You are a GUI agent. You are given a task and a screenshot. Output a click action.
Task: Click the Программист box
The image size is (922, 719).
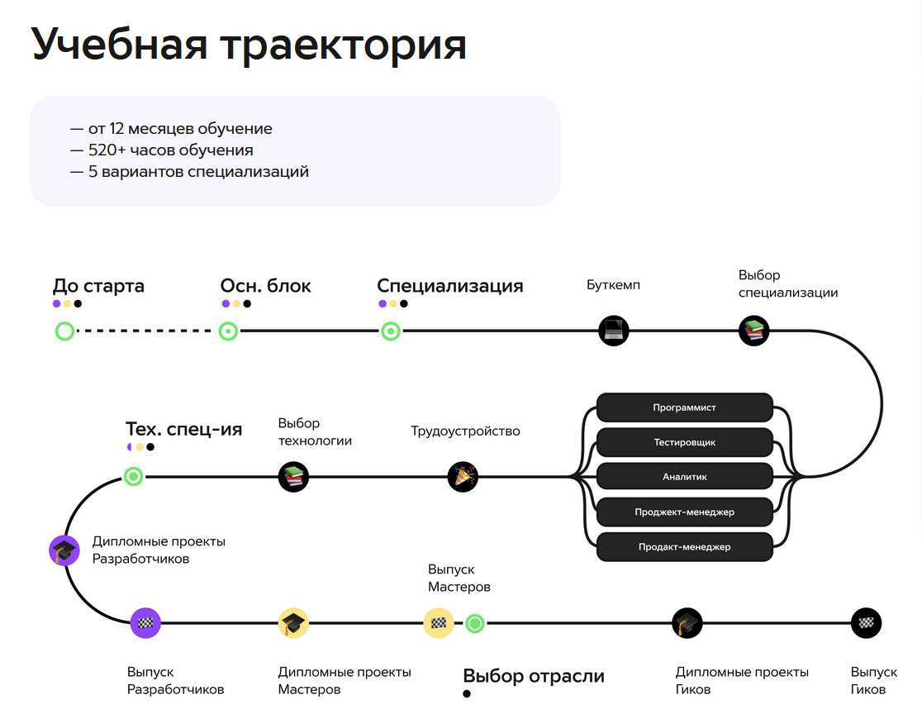[x=684, y=407]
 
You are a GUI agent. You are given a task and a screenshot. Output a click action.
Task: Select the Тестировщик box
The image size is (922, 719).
[x=684, y=442]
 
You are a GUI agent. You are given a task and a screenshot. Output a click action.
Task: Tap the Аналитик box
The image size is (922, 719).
[x=684, y=477]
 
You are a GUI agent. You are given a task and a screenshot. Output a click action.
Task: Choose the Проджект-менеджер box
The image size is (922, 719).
[x=684, y=512]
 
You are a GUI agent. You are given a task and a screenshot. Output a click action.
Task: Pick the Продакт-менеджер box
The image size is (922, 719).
[x=684, y=546]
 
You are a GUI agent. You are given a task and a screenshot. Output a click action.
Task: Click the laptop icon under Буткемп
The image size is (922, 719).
[x=613, y=331]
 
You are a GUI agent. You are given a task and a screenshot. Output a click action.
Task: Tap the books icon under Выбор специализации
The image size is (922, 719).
[x=753, y=331]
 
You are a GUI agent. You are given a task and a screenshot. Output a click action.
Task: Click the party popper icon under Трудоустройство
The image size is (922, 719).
[x=463, y=477]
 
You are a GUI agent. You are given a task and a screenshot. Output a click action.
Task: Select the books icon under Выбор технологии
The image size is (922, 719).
[x=293, y=477]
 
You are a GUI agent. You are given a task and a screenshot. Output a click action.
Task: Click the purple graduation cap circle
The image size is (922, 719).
[x=64, y=550]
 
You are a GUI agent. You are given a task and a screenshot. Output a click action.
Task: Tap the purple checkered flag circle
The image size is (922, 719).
[x=145, y=623]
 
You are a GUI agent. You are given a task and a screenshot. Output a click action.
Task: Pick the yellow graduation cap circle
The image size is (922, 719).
[x=293, y=623]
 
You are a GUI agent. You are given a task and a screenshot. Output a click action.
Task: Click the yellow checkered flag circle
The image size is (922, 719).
[x=439, y=623]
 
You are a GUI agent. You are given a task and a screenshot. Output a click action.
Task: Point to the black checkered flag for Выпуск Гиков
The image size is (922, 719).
[x=866, y=623]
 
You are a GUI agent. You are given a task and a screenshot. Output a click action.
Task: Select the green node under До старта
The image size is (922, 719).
[x=64, y=331]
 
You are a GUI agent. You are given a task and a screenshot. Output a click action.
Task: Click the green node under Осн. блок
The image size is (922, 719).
[x=228, y=331]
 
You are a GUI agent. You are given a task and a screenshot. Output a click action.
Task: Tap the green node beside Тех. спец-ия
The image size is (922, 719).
[x=134, y=476]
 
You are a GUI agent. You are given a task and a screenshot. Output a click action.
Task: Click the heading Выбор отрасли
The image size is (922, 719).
[x=534, y=676]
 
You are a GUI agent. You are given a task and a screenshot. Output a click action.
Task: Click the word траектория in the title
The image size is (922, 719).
[x=344, y=45]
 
